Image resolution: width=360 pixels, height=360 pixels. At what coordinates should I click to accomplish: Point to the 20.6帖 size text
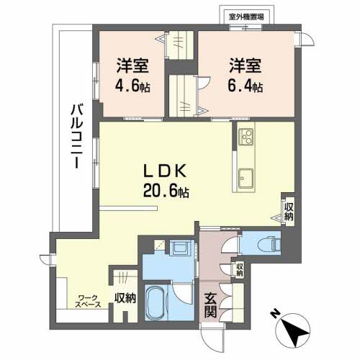[166, 192]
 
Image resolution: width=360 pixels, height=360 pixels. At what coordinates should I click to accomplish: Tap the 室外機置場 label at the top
[245, 16]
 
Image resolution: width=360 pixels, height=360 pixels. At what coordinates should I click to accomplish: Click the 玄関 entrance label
[210, 307]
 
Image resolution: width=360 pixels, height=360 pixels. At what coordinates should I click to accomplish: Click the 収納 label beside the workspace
[125, 298]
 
